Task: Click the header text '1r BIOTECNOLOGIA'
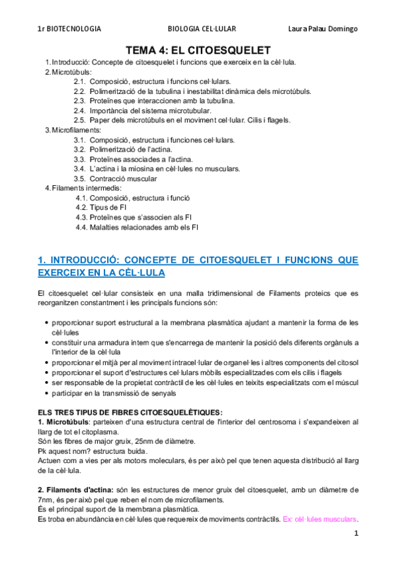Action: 69,29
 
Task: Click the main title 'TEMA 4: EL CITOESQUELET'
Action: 198,50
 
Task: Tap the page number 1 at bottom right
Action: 356,533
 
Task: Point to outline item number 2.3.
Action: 79,101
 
